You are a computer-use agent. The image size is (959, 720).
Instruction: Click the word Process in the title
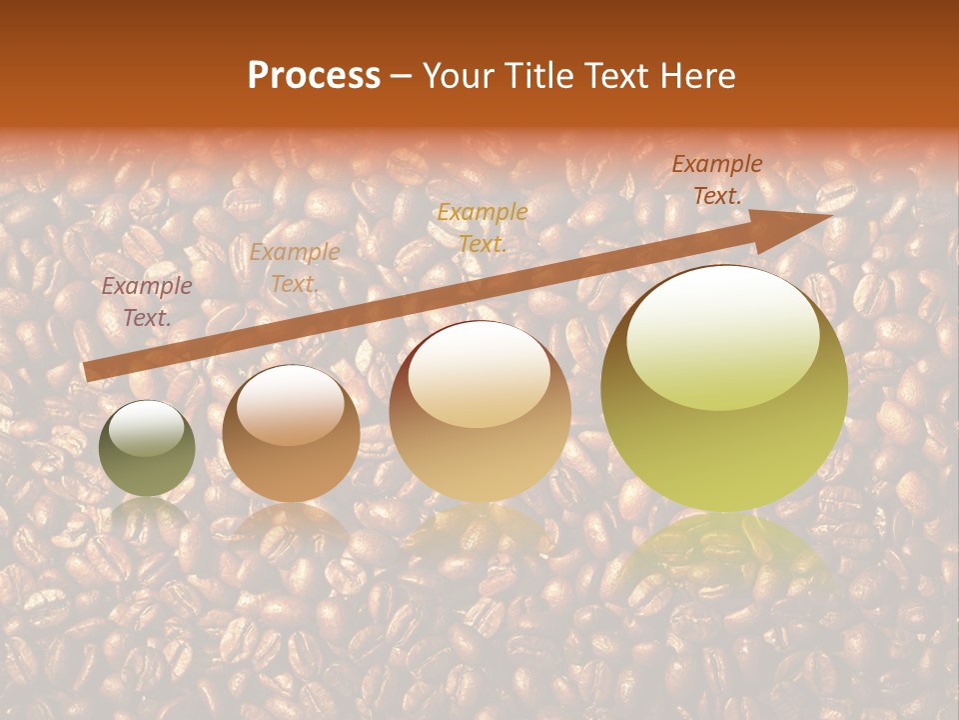314,75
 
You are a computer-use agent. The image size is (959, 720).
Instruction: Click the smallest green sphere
147,448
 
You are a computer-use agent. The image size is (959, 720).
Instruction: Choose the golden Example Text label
482,227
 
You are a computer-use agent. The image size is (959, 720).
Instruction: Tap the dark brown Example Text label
716,180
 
